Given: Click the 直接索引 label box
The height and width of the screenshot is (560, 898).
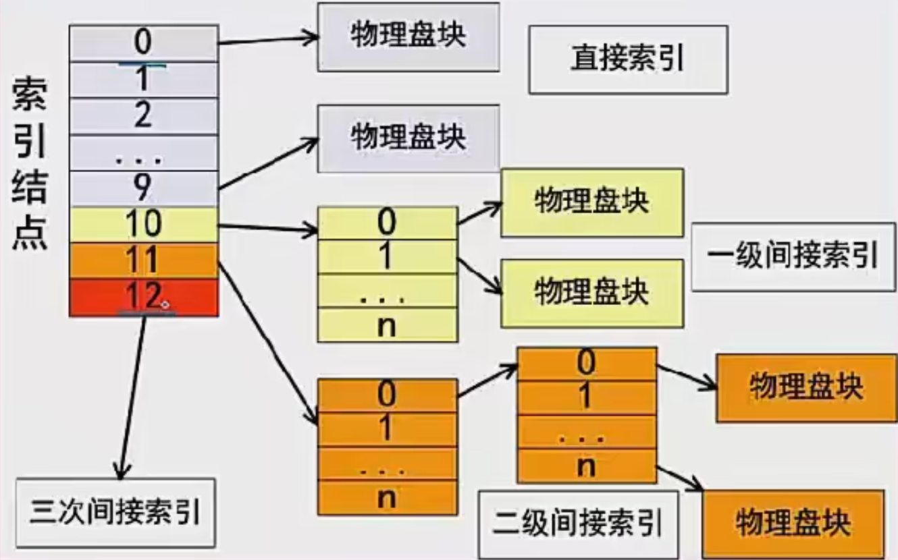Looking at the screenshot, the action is pos(628,59).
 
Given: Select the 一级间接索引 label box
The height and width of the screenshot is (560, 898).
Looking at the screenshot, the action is pos(793,257).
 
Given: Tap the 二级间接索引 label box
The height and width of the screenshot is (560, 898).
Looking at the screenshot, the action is pos(578,524).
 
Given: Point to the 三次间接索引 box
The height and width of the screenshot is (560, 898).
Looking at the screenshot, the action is pos(116,513).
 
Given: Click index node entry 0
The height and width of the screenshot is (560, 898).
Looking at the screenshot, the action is pos(144,43).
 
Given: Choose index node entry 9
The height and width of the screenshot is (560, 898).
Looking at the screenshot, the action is pos(144,189).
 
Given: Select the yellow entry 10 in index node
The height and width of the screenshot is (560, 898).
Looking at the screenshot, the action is pos(144,225).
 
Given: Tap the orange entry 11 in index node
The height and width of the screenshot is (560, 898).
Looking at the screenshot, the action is pos(144,260).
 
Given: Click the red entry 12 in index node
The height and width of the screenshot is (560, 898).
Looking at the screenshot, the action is pos(144,298).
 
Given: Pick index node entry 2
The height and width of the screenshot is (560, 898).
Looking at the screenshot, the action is pos(144,116).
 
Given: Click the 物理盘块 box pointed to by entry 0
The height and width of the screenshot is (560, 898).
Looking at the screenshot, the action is pos(408,37).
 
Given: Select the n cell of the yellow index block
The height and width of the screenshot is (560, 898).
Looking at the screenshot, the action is pos(388,325).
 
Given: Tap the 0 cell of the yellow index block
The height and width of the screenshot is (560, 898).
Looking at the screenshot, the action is pos(388,223).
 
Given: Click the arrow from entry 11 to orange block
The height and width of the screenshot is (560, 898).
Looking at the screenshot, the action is pos(268,343).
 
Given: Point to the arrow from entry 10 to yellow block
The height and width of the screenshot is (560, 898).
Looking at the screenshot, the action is pos(268,228).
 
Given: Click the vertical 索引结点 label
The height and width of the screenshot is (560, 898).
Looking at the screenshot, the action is pos(30,164).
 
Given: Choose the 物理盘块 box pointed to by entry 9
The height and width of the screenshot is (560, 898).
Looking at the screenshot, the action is pos(408,138).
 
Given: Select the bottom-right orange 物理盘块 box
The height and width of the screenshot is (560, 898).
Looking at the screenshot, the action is pos(793,524).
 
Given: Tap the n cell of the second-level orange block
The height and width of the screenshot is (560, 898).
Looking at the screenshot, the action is pos(587,466).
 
